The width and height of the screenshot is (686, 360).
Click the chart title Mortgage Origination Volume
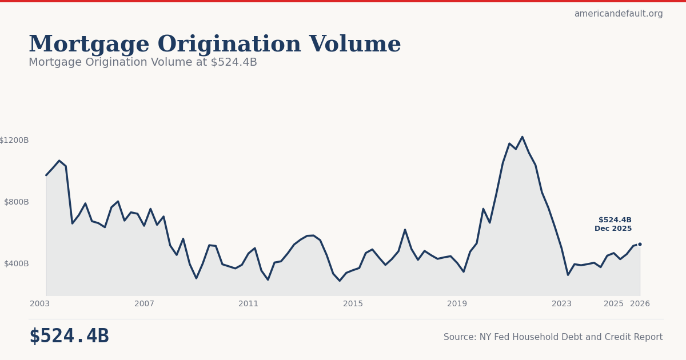(x=214, y=45)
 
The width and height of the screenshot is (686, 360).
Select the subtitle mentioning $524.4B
(x=143, y=62)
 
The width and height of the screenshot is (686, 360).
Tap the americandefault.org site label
(x=619, y=14)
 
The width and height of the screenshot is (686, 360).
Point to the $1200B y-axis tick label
(x=14, y=140)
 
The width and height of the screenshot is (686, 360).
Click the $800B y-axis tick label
(x=16, y=202)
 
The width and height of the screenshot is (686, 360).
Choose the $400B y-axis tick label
(x=16, y=263)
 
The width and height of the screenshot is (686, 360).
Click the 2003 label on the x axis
(x=40, y=304)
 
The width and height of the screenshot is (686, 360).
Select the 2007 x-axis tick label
(x=144, y=304)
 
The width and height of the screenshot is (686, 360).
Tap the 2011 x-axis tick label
(x=249, y=304)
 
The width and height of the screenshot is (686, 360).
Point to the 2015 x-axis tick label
(x=353, y=304)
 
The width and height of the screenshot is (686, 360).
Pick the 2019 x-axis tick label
(x=457, y=304)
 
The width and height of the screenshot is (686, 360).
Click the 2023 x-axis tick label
(x=561, y=304)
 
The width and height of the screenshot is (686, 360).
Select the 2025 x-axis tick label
(x=613, y=304)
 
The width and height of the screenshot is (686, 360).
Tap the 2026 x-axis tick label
(x=640, y=304)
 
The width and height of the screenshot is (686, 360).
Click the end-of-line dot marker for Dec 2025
(x=640, y=244)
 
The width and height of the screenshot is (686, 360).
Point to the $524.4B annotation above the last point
(x=615, y=220)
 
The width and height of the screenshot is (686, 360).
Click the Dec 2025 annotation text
(x=613, y=229)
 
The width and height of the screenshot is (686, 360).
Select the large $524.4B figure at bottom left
(x=69, y=337)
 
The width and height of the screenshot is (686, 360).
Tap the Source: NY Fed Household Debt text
(x=553, y=337)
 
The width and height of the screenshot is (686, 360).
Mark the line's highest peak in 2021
(x=522, y=137)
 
